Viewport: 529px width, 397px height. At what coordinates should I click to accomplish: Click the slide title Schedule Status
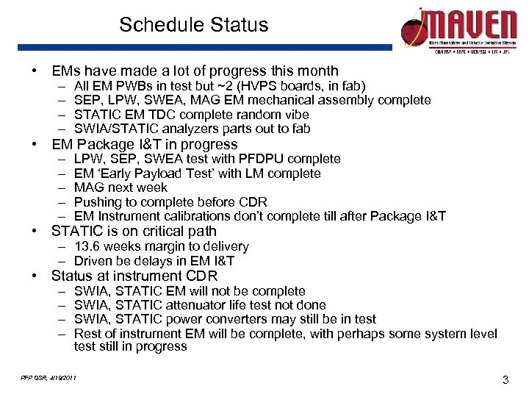[x=194, y=25]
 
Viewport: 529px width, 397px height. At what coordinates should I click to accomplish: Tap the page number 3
[x=505, y=379]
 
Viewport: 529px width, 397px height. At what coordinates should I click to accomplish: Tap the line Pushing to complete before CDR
[x=170, y=202]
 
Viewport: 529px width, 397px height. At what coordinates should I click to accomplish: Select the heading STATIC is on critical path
[x=134, y=232]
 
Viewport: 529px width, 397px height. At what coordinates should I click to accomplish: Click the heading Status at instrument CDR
[x=134, y=276]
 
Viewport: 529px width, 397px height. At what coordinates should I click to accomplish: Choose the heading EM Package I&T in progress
[x=145, y=144]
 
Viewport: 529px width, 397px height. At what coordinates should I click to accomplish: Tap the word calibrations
[x=194, y=217]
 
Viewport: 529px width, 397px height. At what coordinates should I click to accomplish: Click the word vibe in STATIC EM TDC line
[x=295, y=115]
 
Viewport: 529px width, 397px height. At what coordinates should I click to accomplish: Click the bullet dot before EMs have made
[x=35, y=71]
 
